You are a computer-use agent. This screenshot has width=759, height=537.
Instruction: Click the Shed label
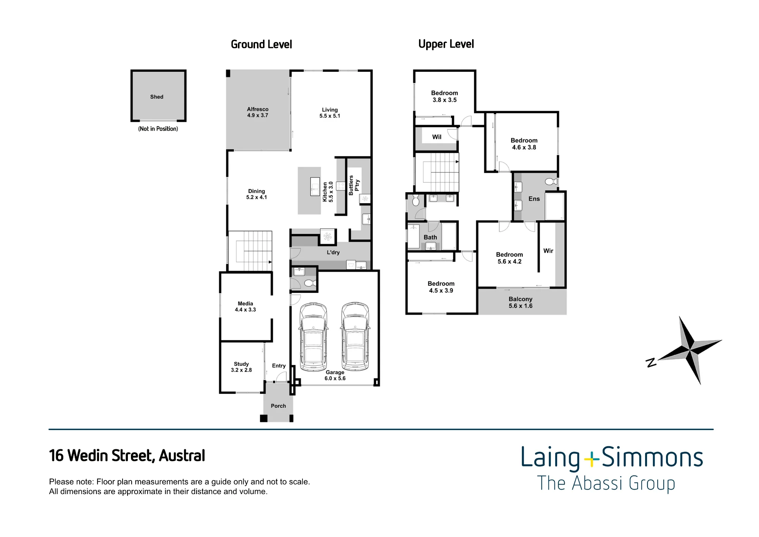157,97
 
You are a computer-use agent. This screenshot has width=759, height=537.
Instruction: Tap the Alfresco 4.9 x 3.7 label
258,112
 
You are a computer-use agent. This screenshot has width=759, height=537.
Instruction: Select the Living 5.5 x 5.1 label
330,113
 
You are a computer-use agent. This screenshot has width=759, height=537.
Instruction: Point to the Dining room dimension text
257,197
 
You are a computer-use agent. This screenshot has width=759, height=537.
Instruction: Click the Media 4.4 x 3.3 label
245,306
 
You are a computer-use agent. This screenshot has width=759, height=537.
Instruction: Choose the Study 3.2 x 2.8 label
241,367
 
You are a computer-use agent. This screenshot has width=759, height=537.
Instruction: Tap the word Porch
278,406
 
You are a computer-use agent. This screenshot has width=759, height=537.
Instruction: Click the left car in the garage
313,336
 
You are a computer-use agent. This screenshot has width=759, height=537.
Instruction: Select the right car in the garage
355,336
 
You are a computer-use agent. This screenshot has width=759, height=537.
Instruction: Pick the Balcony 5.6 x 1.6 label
521,302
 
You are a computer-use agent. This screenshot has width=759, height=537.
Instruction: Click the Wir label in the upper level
548,251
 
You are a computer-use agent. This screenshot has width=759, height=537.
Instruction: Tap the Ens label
534,199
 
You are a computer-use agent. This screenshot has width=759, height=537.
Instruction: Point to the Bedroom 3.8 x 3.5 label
444,96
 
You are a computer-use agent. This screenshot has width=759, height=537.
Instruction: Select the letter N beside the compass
651,363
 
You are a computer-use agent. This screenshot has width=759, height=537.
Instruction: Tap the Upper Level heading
446,44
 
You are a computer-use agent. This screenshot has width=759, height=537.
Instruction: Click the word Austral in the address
182,455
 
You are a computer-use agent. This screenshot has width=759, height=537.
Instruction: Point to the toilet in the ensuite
551,181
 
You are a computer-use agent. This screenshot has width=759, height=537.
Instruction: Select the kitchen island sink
315,186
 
